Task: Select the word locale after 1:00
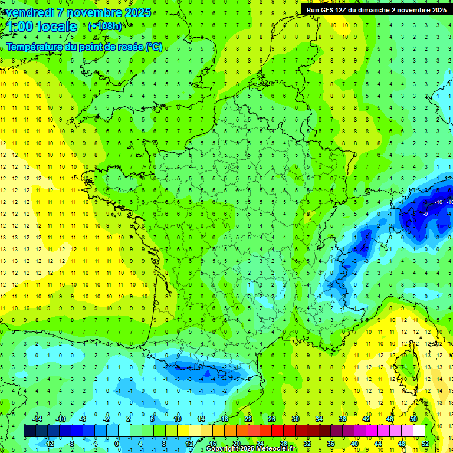pos(57,27)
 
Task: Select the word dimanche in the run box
pos(386,10)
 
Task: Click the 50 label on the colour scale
pos(413,419)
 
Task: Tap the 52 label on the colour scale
pos(425,443)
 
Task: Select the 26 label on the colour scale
pos(272,419)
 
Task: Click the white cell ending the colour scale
pos(419,431)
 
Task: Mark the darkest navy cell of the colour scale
pos(29,431)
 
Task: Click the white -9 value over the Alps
pos(425,214)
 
